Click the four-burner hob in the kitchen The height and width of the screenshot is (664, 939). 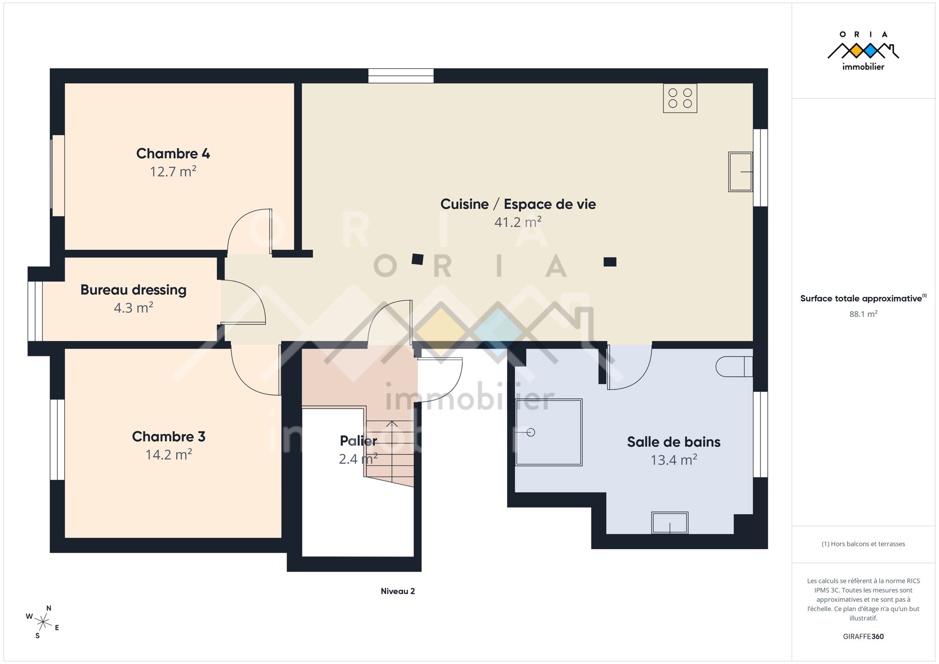(680, 98)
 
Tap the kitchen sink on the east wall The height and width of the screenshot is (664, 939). (741, 172)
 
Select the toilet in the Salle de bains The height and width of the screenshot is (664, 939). (734, 367)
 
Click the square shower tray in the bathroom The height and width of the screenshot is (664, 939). (549, 432)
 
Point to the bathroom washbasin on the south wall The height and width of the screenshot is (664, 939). (670, 523)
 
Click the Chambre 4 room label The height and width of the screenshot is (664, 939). (173, 154)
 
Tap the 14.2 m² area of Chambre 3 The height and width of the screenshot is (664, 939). (169, 455)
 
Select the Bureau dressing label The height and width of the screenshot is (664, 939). (133, 290)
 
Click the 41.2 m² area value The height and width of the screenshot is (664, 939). (518, 222)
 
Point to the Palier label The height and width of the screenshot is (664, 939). (359, 441)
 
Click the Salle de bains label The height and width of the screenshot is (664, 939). (674, 442)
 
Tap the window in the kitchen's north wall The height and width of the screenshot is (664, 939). (401, 76)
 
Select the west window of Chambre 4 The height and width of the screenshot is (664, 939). (58, 175)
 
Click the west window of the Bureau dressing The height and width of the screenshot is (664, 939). (35, 311)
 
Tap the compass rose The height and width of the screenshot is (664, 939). (42, 622)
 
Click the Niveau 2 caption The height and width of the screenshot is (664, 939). (398, 591)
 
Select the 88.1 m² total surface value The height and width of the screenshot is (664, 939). (863, 314)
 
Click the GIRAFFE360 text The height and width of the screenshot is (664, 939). (863, 636)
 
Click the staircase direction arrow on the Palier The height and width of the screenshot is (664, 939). (392, 452)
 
